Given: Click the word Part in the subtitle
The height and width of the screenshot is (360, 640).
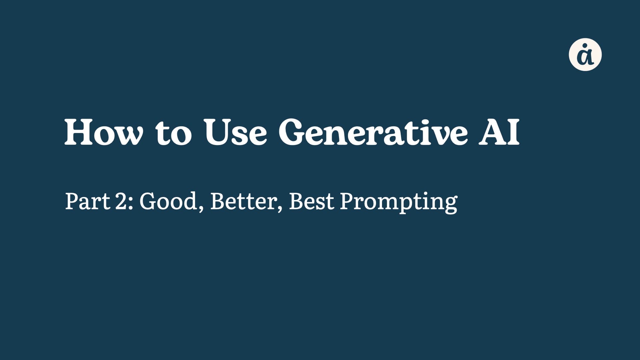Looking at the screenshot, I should point(87,201).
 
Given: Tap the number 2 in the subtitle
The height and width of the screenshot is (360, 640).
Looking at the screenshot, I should point(121,201).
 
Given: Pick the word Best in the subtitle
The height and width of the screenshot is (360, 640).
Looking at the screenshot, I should point(311,201).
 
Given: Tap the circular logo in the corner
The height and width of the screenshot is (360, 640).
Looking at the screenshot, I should point(585,55).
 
